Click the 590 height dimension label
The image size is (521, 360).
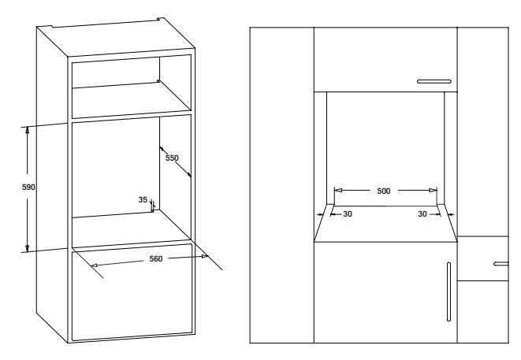coord(28,187)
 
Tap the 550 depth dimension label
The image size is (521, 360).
coord(172,158)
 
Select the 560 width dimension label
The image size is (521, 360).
coord(156,259)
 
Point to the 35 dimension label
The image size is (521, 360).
coord(143,200)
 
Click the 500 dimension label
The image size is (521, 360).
coord(384,191)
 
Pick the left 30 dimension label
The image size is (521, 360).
coord(348,214)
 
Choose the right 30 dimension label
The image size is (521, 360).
coord(422,214)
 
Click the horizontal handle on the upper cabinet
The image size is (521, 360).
coord(434,81)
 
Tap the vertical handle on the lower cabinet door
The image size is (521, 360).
coord(449,291)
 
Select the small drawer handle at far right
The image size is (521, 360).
coord(501,264)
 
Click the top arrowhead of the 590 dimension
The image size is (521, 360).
coord(28,130)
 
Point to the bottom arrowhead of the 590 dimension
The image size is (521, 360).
coord(28,248)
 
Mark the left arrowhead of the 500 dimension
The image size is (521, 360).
coord(338,191)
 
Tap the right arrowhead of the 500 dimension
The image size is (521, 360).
coord(434,191)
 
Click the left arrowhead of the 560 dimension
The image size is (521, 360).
coord(95,265)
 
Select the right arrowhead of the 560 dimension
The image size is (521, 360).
coord(205,256)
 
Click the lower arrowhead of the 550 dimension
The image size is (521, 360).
coord(188,175)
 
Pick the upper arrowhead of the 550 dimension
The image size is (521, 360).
coord(162,149)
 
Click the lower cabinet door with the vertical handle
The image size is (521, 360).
coord(385,292)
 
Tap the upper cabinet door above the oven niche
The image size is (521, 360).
coord(385,60)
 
